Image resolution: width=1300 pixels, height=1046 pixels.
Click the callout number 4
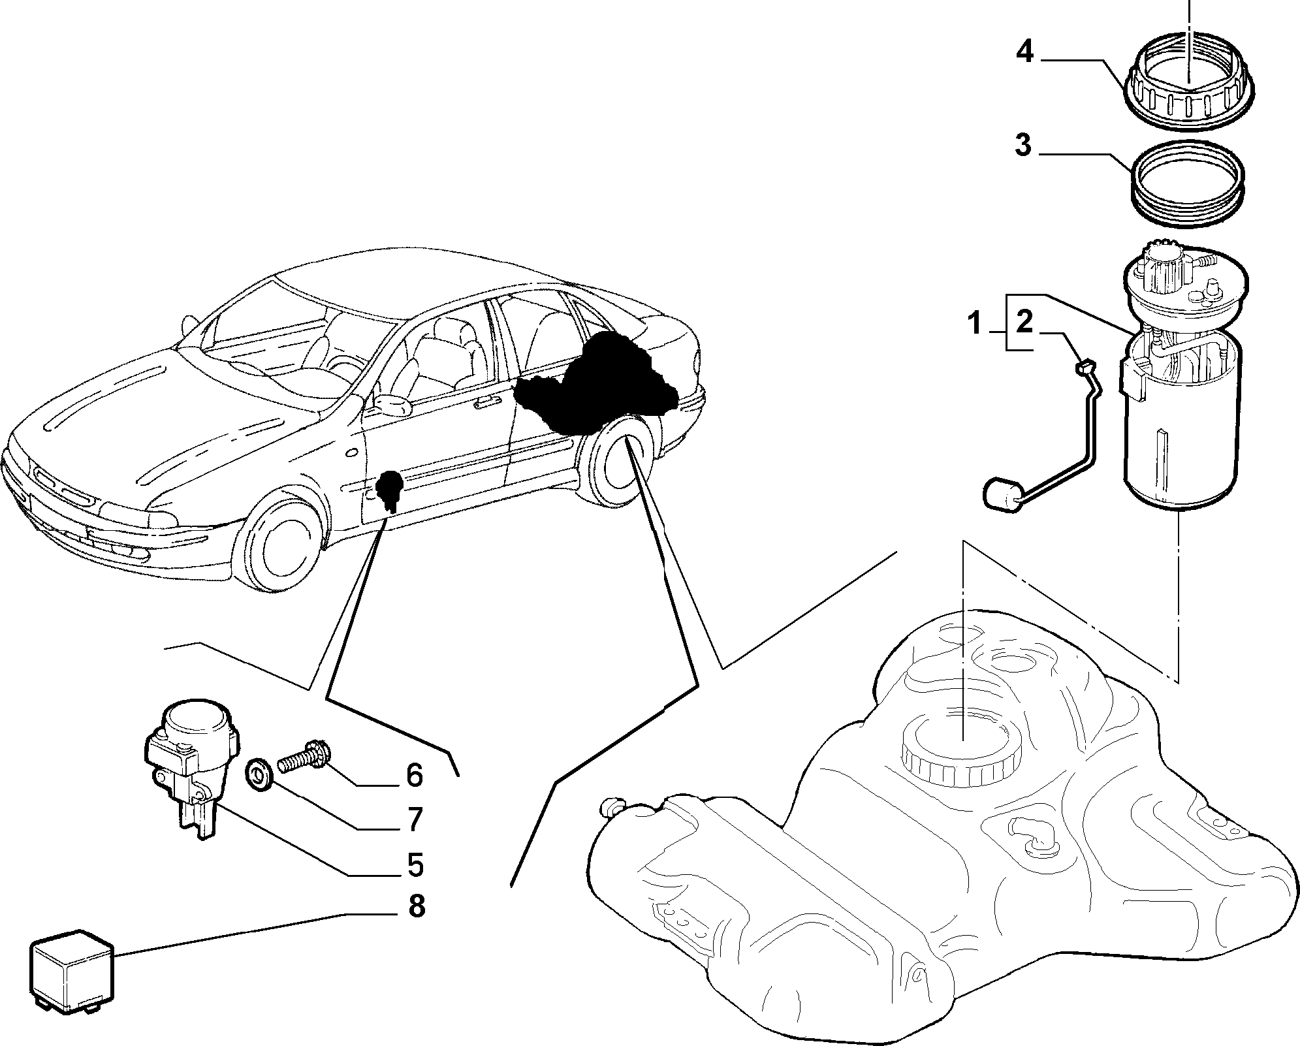[x=1025, y=51]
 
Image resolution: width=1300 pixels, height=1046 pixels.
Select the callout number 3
[x=1023, y=145]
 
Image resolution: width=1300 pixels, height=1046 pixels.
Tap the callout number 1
[x=975, y=323]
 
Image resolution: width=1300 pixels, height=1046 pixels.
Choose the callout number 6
[x=415, y=775]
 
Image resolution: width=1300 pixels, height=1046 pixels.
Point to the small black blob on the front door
[x=390, y=486]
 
